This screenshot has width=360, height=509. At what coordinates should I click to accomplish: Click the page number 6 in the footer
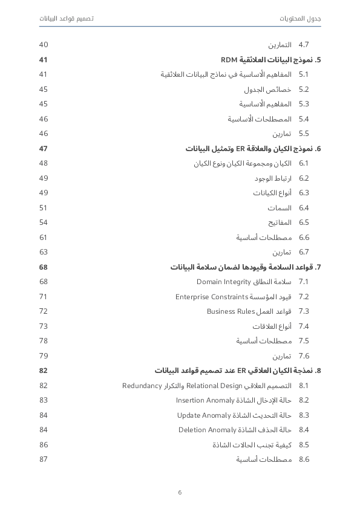click(180, 492)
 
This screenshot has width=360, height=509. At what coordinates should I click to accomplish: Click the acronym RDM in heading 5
click(228, 60)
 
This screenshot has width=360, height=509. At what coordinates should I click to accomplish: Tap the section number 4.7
click(304, 45)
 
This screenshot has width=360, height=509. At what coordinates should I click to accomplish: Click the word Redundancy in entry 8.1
click(142, 386)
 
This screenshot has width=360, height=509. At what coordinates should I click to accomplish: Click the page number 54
click(44, 222)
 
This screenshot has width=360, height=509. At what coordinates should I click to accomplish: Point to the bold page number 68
click(44, 267)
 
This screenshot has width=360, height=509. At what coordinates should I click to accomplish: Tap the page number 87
click(44, 459)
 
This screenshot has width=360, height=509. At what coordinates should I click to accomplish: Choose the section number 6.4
click(304, 208)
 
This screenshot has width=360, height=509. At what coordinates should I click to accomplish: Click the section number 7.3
click(304, 311)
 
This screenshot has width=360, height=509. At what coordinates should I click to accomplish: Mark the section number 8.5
click(304, 445)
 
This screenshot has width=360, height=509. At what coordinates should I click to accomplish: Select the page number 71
click(44, 297)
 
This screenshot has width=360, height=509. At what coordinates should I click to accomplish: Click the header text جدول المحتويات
click(300, 19)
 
